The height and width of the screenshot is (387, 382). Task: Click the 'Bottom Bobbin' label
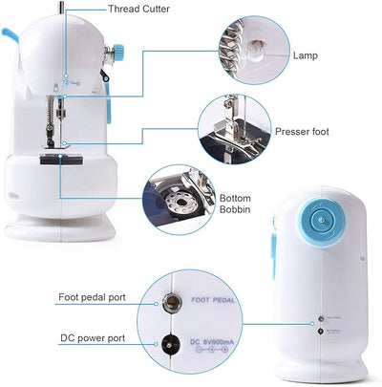[x=235, y=200]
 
